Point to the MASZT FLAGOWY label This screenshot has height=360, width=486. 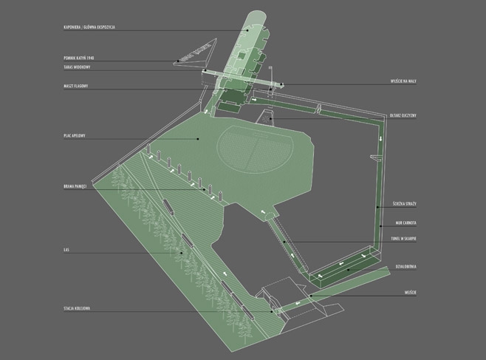pyautogui.click(x=77, y=86)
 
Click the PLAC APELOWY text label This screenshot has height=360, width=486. pyautogui.click(x=76, y=136)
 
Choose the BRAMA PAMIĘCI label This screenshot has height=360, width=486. pyautogui.click(x=76, y=186)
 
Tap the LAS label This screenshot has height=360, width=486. pyautogui.click(x=66, y=251)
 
